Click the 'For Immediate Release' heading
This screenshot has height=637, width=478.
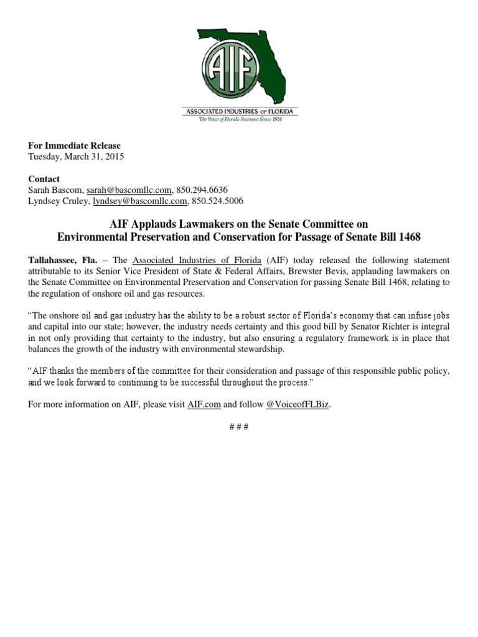pos(75,146)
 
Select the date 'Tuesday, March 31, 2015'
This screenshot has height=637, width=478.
pos(77,157)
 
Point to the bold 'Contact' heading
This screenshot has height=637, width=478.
pos(44,179)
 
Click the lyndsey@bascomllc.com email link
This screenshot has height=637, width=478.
pos(140,201)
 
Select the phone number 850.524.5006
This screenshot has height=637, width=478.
pos(218,201)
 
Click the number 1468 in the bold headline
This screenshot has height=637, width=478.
pos(408,237)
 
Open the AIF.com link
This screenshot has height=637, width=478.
pos(204,405)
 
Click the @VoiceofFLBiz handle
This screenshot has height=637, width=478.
pos(298,405)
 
